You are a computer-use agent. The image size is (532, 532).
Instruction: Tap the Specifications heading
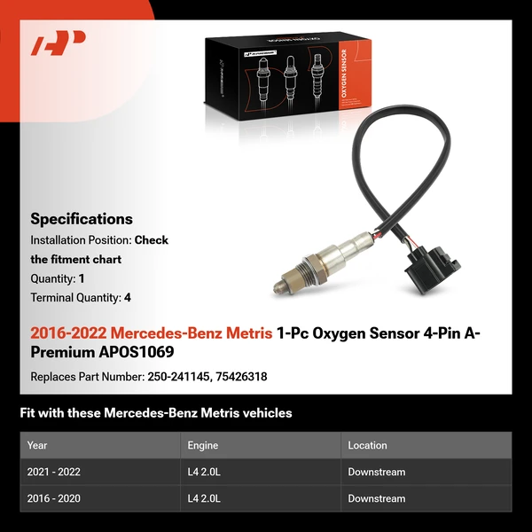82,219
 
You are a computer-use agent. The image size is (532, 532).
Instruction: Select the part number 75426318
242,377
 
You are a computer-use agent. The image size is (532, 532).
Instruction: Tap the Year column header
37,445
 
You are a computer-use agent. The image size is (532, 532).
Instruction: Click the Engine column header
202,445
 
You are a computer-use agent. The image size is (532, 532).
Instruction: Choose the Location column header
367,445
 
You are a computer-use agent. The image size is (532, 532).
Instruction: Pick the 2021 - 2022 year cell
54,473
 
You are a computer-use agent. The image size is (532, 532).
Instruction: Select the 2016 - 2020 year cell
54,499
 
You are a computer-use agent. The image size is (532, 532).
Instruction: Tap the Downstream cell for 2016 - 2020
376,499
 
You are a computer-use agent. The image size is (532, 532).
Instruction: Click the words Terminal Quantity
74,298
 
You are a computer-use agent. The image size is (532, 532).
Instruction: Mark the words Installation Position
80,240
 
